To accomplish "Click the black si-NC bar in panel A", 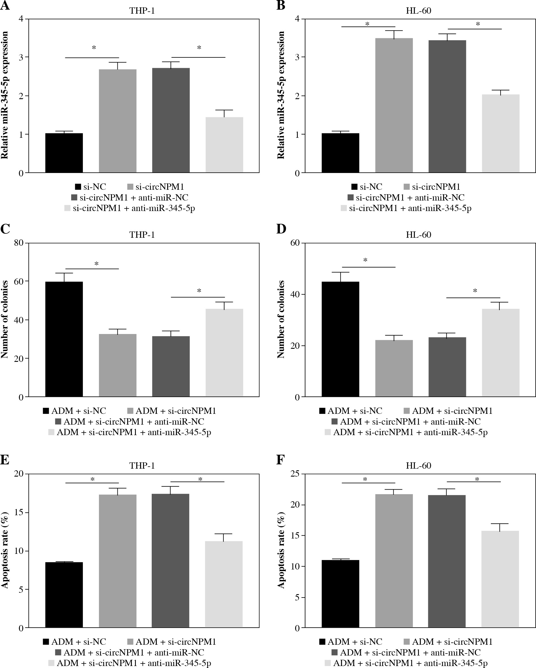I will click(x=64, y=153).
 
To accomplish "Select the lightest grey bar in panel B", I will click(x=501, y=133).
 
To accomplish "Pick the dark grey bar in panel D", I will click(x=447, y=367).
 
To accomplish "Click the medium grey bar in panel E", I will click(x=118, y=561).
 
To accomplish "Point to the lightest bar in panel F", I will click(x=500, y=579).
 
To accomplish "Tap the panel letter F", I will click(x=280, y=460).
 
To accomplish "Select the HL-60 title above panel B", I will click(x=418, y=11).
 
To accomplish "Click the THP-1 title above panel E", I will click(x=142, y=466).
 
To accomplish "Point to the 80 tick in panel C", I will click(x=19, y=243).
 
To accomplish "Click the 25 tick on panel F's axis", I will click(x=295, y=474).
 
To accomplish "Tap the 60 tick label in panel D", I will click(x=295, y=243).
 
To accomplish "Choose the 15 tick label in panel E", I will click(x=19, y=512).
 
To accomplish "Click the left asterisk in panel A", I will click(x=94, y=48).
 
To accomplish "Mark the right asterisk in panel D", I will click(x=475, y=291).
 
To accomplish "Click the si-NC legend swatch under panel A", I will click(x=78, y=187).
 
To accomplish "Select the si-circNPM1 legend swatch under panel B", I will click(x=407, y=187).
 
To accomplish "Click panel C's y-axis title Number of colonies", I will click(x=5, y=320).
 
